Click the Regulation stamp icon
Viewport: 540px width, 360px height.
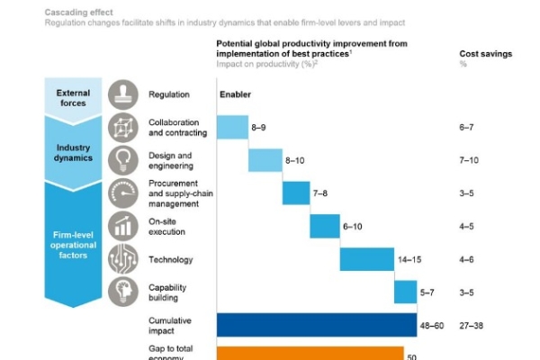[123, 94]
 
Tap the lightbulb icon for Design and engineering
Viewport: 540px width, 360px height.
[123, 160]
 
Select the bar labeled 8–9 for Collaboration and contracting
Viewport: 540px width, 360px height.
[232, 127]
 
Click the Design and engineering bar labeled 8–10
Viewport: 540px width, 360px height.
[265, 160]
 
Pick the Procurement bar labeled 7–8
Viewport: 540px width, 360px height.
[295, 193]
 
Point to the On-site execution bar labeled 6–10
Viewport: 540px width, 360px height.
[324, 226]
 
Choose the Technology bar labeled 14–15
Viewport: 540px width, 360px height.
[366, 259]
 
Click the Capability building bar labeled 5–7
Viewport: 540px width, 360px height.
[405, 292]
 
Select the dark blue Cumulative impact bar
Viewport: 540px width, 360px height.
[310, 325]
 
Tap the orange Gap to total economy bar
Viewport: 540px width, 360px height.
[310, 353]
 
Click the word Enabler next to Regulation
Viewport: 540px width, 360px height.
[235, 94]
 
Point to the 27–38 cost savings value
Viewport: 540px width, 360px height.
[472, 325]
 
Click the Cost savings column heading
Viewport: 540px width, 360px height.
[485, 54]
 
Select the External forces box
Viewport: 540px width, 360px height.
[73, 97]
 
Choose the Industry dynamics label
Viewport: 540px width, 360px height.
[73, 153]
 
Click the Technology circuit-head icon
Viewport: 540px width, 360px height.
[123, 259]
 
